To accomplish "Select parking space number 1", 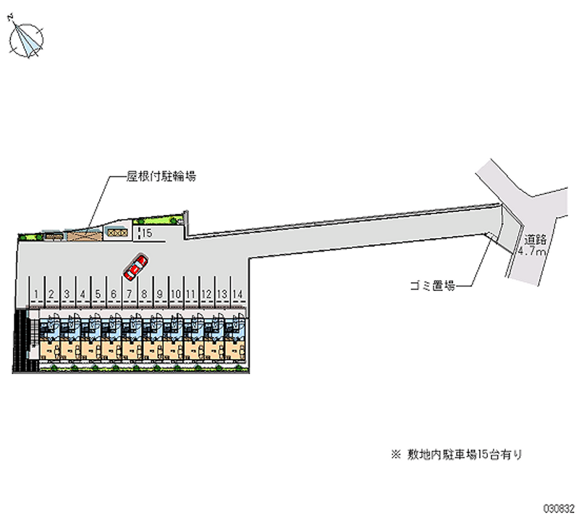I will pyautogui.click(x=35, y=294).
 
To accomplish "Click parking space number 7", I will pyautogui.click(x=128, y=294).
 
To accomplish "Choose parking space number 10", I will pyautogui.click(x=175, y=294).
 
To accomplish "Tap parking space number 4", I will pyautogui.click(x=82, y=294).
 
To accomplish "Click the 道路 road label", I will pyautogui.click(x=536, y=239).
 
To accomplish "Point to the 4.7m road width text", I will pyautogui.click(x=532, y=251).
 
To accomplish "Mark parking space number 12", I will pyautogui.click(x=206, y=294).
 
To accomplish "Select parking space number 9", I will pyautogui.click(x=159, y=294).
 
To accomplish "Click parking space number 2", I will pyautogui.click(x=51, y=294).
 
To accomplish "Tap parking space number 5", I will pyautogui.click(x=97, y=294).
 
